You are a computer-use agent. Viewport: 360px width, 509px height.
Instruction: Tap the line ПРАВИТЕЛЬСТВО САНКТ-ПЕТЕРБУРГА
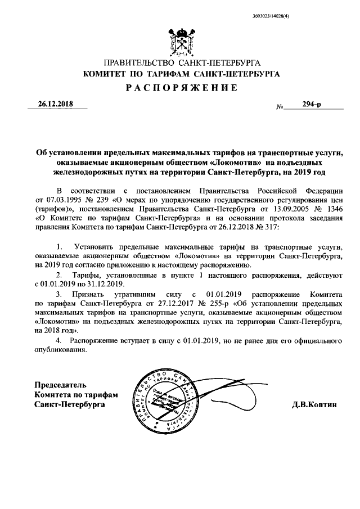(180, 63)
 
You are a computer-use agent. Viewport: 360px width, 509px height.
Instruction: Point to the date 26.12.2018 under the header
(52, 104)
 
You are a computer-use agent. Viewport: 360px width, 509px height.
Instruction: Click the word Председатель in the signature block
(61, 385)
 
